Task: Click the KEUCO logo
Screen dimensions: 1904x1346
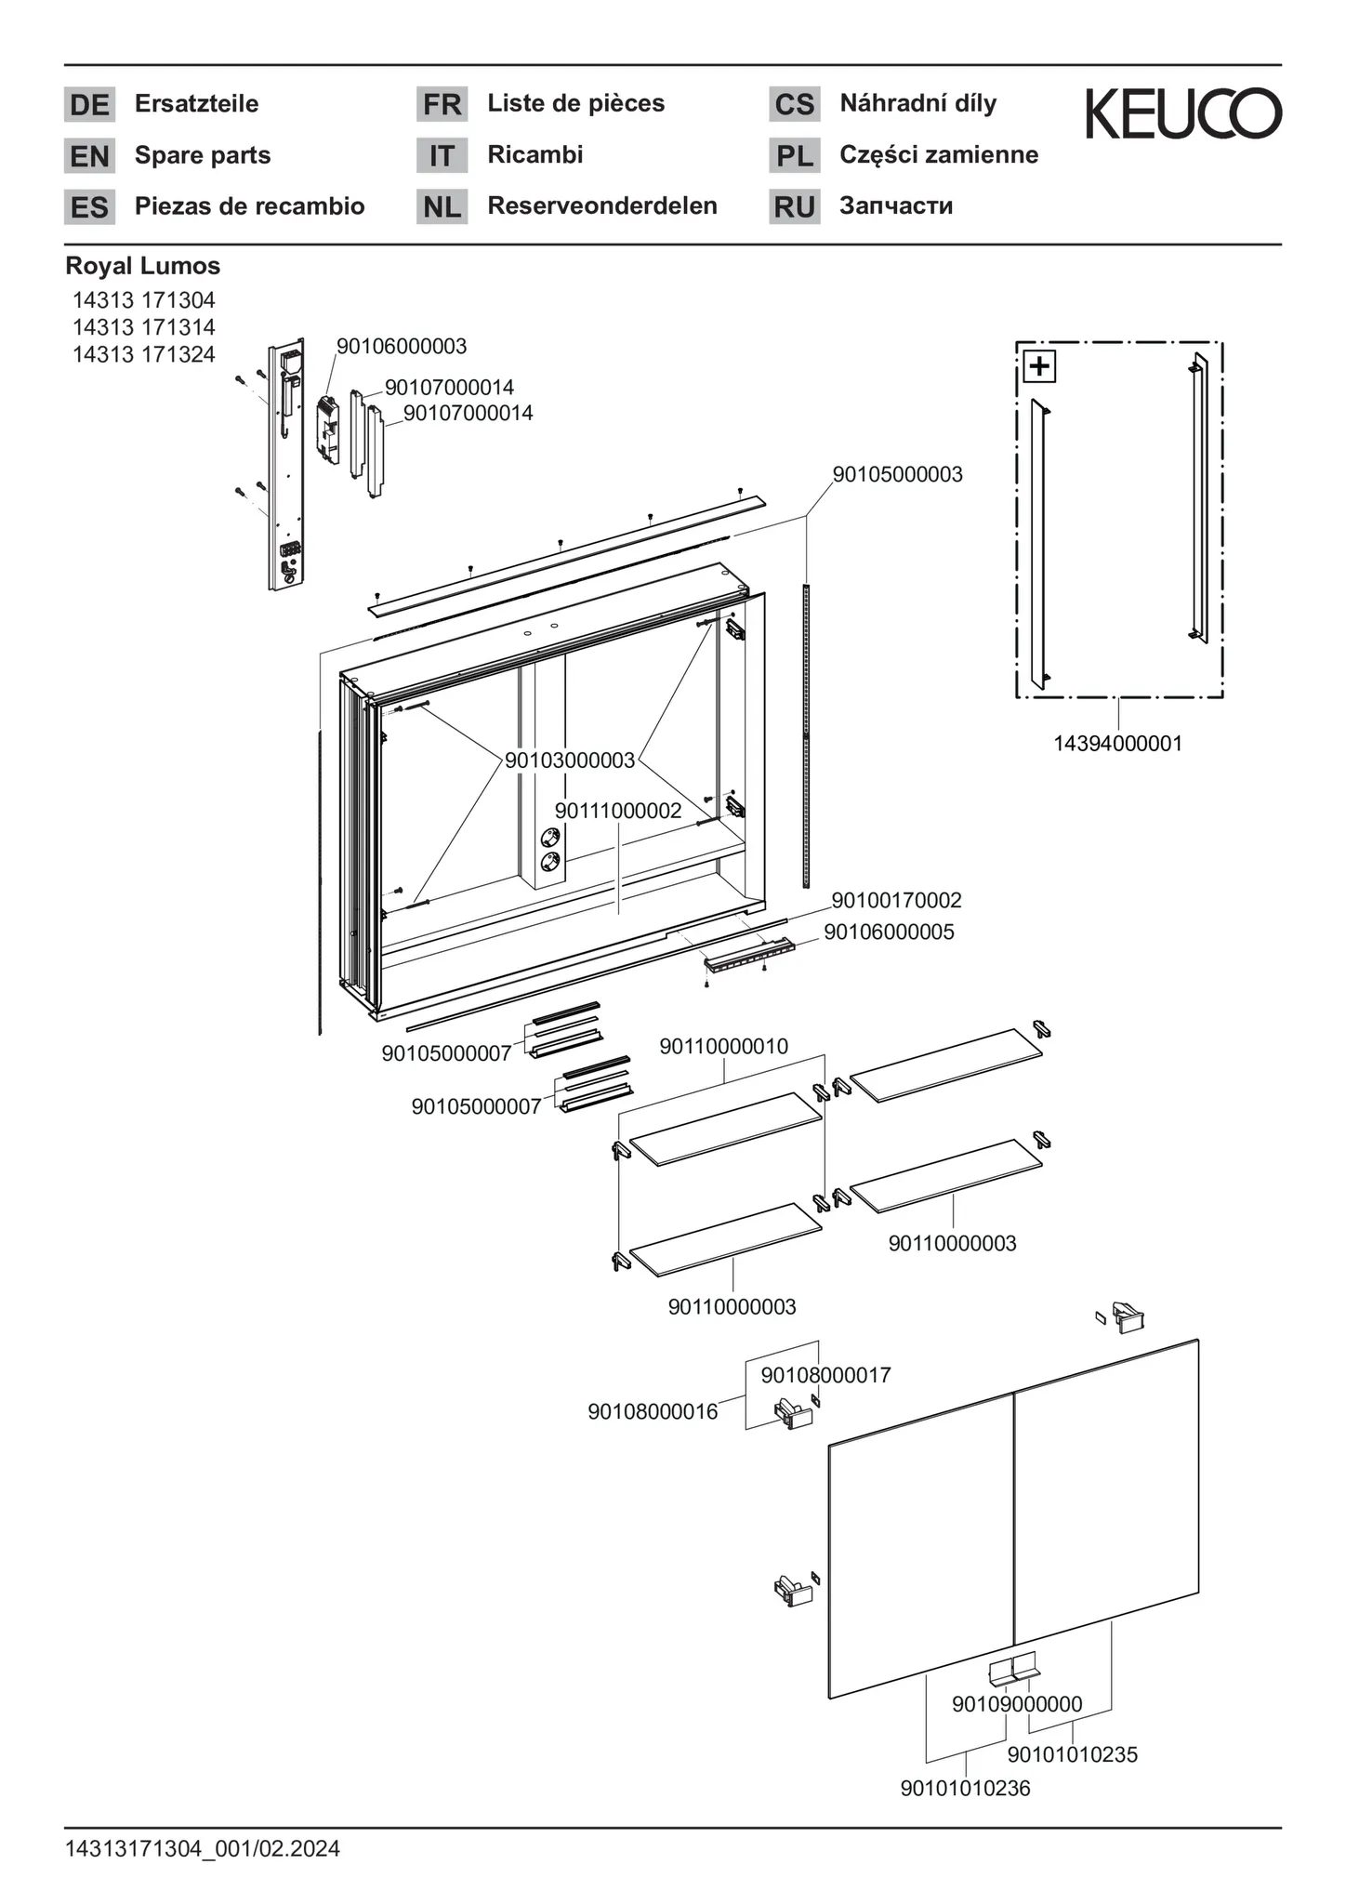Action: (x=1183, y=114)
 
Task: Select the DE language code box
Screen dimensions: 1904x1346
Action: (x=89, y=104)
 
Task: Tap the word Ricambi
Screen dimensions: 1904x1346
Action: (x=535, y=154)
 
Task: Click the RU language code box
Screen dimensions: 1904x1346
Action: (x=794, y=206)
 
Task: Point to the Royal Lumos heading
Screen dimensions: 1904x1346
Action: (x=143, y=266)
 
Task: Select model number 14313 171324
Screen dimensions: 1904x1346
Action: (x=144, y=354)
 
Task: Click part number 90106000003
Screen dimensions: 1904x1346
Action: (x=402, y=347)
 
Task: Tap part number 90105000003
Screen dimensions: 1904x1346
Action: (x=897, y=474)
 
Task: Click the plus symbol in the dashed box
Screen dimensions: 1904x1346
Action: (x=1039, y=366)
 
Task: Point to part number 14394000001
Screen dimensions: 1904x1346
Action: (x=1117, y=744)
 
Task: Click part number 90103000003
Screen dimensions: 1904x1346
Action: (x=570, y=760)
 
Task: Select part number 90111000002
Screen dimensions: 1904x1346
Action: (x=618, y=811)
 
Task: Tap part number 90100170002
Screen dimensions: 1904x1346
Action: (x=896, y=900)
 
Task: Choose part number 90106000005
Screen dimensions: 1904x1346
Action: (x=889, y=932)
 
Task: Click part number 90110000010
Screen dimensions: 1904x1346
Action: (x=724, y=1046)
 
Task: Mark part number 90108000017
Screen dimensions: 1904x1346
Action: (x=825, y=1375)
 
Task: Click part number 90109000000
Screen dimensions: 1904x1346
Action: (x=1017, y=1704)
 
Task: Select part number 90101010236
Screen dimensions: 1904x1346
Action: (x=965, y=1788)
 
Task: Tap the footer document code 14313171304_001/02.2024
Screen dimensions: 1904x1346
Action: (x=203, y=1849)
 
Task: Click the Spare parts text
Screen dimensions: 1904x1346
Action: (x=203, y=155)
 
